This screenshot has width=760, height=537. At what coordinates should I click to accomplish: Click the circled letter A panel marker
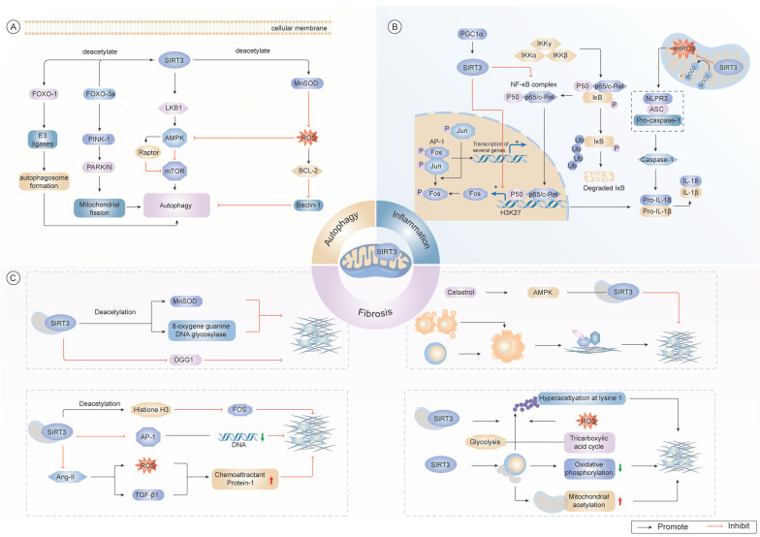pos(13,26)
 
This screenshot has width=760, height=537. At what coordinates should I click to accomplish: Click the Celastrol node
pos(464,292)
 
